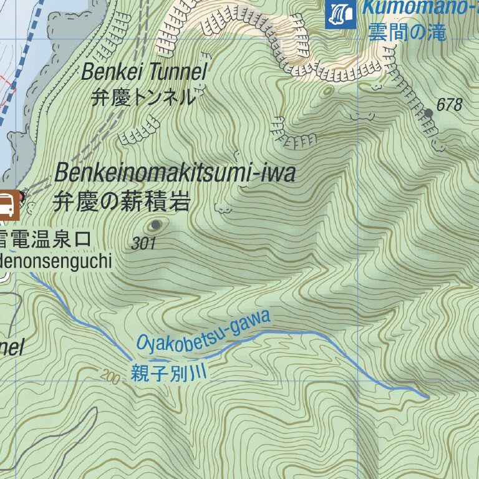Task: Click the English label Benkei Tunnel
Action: tap(144, 73)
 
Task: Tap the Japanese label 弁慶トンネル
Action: tap(143, 98)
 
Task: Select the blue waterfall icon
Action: tap(341, 13)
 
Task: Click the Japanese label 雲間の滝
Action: tap(407, 32)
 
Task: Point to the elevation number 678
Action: tap(449, 105)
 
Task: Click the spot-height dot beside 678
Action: tap(428, 113)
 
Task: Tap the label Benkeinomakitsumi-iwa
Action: tap(175, 173)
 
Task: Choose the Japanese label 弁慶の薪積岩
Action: tap(122, 202)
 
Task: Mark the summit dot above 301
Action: tap(155, 225)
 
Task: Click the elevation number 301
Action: tap(143, 244)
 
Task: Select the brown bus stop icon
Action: tap(7, 205)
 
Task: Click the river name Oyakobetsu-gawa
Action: tap(204, 331)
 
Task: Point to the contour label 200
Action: tap(109, 377)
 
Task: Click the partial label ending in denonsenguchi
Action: tap(56, 261)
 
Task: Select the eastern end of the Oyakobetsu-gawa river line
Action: tap(428, 397)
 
